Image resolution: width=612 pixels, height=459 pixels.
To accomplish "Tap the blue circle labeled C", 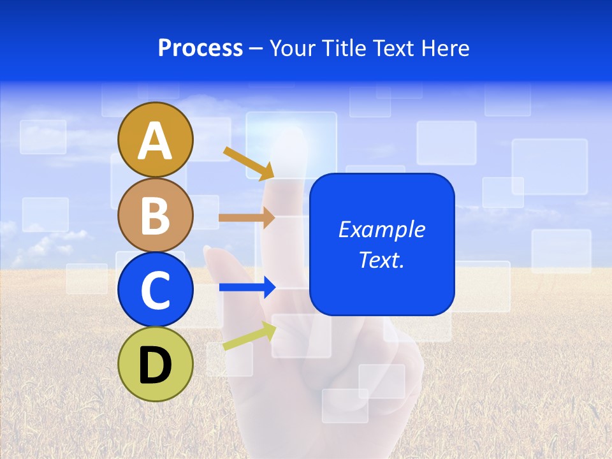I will point(155,289).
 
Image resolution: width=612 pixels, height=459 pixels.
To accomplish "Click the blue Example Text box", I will point(382,244).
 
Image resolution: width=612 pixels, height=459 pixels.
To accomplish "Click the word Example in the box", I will point(382,229).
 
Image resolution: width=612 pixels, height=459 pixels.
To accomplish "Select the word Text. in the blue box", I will point(382,260).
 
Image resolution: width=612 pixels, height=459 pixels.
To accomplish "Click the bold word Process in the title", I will point(200,48).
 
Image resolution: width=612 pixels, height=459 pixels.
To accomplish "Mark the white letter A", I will point(155,141).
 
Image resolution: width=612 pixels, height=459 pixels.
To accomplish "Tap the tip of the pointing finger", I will point(290,137).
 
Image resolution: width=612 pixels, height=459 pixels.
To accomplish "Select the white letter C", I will point(155,291).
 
